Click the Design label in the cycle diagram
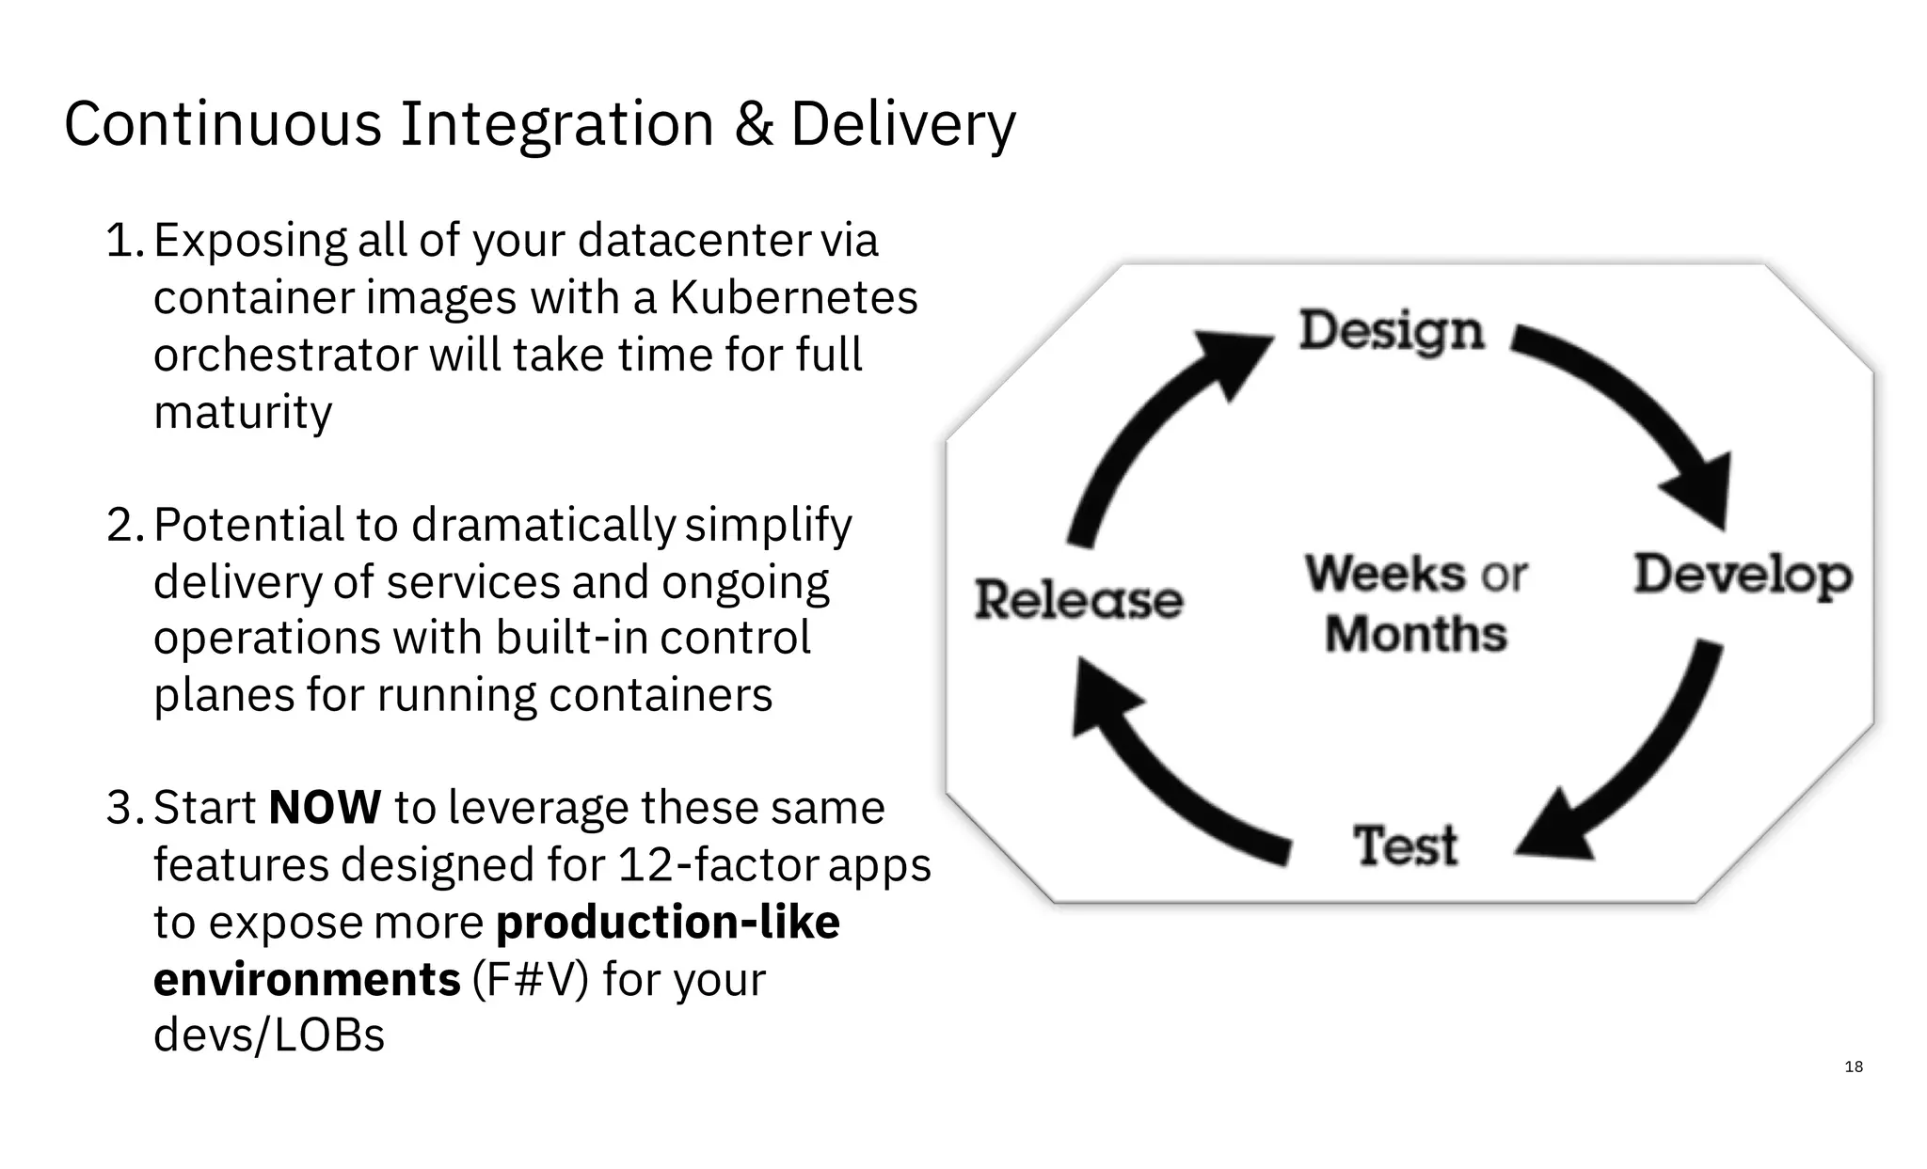[1391, 331]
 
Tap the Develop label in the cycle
[1743, 575]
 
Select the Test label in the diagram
[1405, 845]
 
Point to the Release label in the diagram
[1078, 600]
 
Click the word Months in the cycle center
[1416, 634]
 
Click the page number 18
[1854, 1066]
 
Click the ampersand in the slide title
[753, 124]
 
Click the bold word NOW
[325, 808]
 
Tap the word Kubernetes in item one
[793, 298]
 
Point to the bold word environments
[307, 979]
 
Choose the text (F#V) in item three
[530, 979]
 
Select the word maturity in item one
[243, 412]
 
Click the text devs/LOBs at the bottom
[269, 1035]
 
